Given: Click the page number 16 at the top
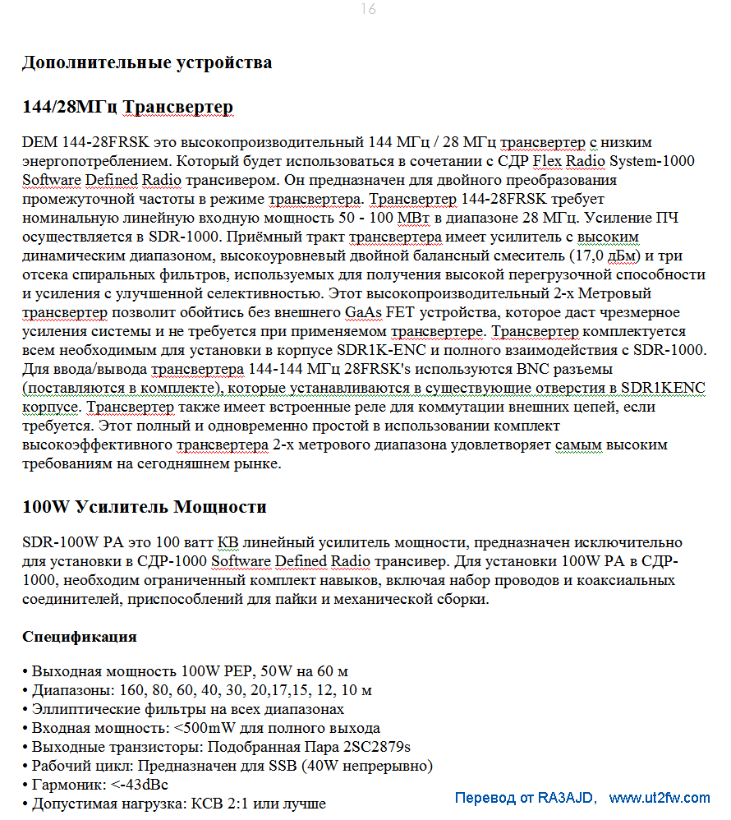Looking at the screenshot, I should pos(368,9).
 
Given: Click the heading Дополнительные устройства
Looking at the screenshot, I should pos(147,62).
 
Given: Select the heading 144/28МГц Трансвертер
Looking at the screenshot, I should pos(127,107).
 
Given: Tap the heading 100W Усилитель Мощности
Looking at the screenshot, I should pos(144,506).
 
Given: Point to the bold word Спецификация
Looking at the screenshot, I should pos(80,637).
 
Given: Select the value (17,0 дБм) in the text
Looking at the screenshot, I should pos(604,256).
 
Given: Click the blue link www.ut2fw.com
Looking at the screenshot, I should pos(659,798).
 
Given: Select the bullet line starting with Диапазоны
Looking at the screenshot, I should pos(197,689).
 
